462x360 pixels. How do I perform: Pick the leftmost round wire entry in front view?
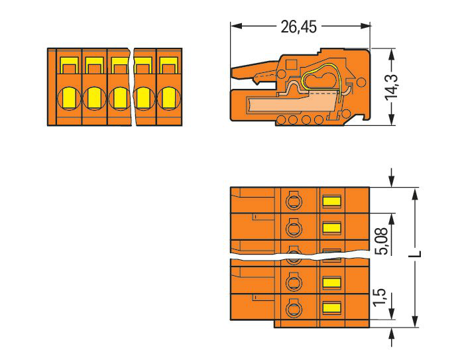click(68, 99)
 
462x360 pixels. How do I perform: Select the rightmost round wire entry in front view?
click(167, 99)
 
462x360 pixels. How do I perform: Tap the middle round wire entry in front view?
click(119, 99)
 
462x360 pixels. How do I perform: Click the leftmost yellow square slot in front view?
click(68, 65)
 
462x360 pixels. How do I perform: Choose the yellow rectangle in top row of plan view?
click(331, 200)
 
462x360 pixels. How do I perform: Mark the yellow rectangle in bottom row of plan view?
click(331, 308)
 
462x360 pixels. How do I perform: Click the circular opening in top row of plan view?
click(292, 200)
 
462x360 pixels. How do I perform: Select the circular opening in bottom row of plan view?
click(292, 308)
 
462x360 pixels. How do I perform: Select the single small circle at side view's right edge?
click(361, 82)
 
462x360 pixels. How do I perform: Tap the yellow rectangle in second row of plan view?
click(331, 228)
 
